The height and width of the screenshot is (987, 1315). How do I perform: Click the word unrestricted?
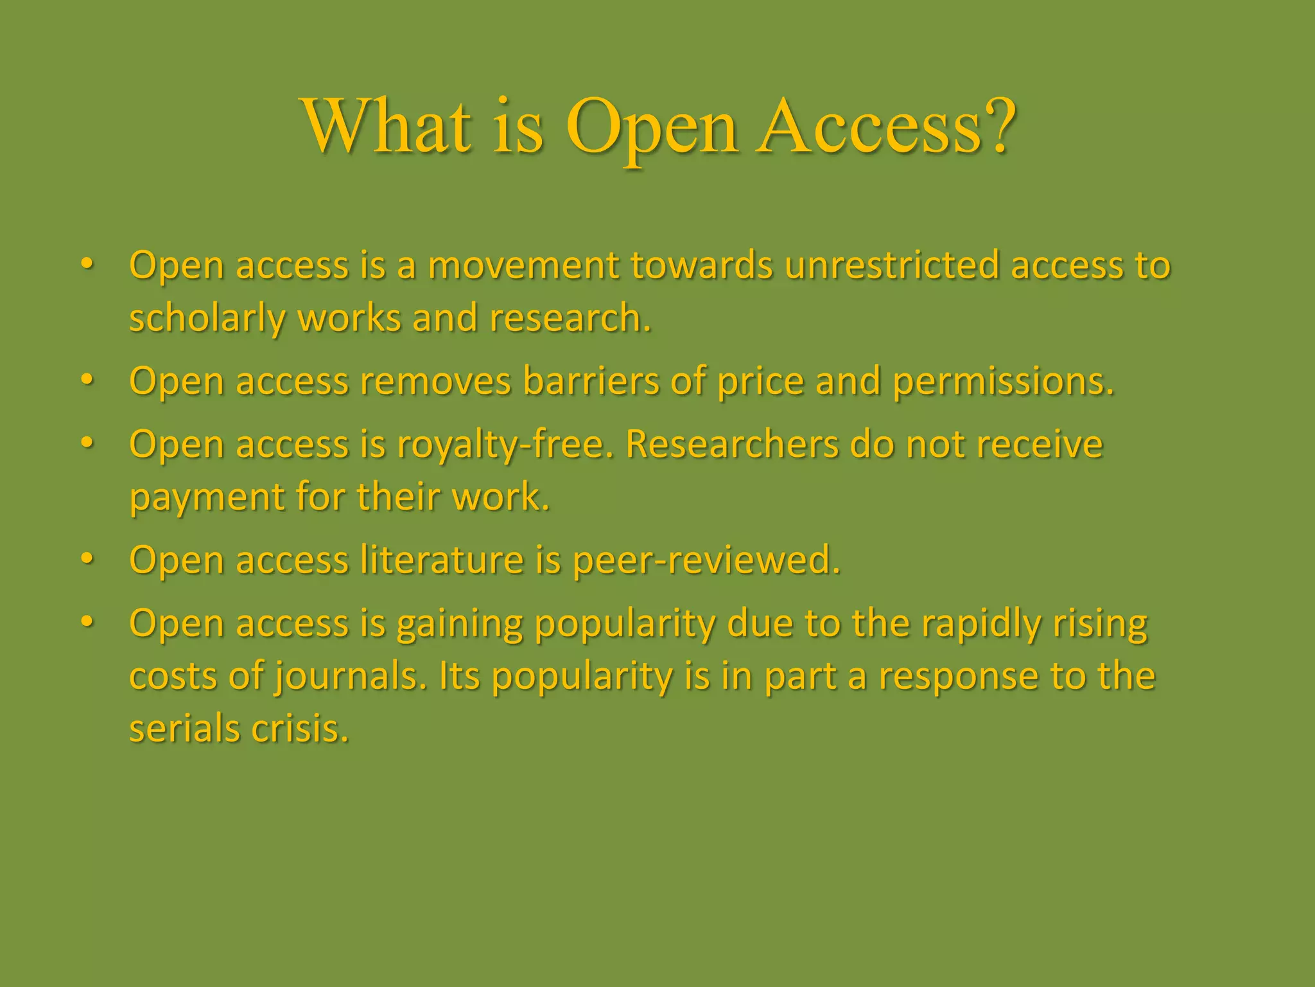coord(892,265)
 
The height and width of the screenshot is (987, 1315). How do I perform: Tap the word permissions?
coord(1003,382)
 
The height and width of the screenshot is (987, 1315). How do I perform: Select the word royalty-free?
coord(505,445)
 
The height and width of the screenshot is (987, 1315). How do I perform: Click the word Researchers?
coord(732,444)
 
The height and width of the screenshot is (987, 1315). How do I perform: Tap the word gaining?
coord(460,625)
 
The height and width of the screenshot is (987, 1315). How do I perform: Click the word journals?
coord(351,677)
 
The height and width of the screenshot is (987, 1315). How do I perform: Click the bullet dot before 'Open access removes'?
coord(88,380)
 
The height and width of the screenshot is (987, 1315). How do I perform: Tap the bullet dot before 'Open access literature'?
coord(88,558)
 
